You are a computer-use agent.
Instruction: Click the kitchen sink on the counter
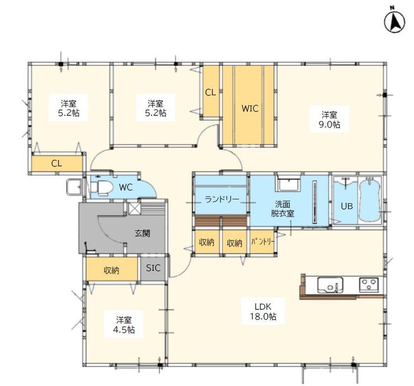click(330, 285)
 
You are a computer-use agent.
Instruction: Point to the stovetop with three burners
click(369, 285)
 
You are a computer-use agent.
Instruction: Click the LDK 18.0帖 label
click(264, 311)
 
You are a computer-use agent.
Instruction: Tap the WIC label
click(250, 108)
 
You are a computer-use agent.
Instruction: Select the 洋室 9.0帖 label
click(330, 119)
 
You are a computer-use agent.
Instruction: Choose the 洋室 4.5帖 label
click(124, 325)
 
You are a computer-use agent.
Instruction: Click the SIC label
click(153, 268)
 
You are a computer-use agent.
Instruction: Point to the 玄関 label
click(143, 233)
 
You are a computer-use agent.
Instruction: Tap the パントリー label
click(263, 241)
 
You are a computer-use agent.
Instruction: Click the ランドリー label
click(222, 199)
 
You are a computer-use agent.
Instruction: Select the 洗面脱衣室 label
click(283, 208)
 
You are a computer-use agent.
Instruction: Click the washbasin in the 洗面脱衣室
click(288, 183)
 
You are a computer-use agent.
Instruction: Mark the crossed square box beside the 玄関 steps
click(134, 208)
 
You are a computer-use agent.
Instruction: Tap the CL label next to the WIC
click(210, 92)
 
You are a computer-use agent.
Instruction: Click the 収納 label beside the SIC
click(111, 270)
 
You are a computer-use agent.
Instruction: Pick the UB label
click(346, 206)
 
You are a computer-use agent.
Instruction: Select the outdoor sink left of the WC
click(73, 188)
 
